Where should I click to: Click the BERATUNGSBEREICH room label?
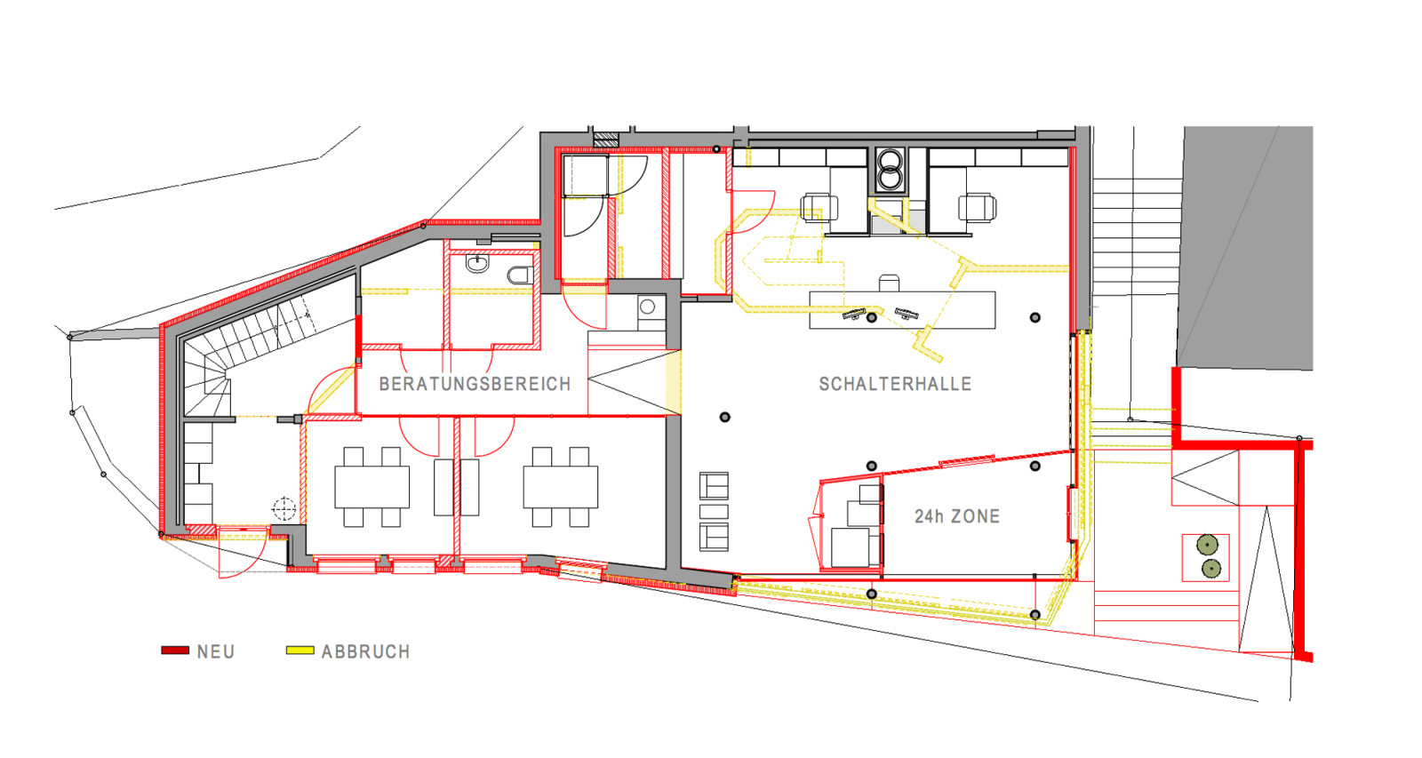click(475, 384)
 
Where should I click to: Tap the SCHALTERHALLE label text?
click(895, 384)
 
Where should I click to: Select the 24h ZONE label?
click(956, 517)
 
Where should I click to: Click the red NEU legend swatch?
click(175, 650)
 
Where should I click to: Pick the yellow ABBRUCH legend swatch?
click(300, 650)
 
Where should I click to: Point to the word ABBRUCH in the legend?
click(365, 652)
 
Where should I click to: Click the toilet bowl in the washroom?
click(520, 275)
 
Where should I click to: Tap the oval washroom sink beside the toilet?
click(477, 263)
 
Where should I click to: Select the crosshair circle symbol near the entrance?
click(284, 509)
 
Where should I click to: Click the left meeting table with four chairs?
click(372, 487)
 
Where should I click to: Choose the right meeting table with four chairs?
click(561, 487)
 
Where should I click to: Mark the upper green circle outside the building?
click(1207, 545)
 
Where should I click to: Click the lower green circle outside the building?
click(1211, 569)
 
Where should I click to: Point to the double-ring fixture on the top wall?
click(891, 170)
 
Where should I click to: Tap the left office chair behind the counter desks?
click(819, 208)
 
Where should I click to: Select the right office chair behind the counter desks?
click(977, 208)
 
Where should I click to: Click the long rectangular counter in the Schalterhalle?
click(902, 310)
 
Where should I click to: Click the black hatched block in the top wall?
click(605, 139)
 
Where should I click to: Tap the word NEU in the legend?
click(216, 652)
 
